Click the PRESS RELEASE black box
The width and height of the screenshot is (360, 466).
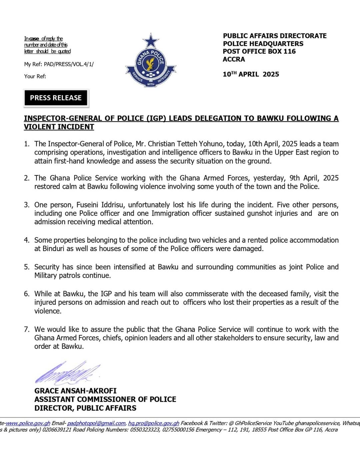pos(56,98)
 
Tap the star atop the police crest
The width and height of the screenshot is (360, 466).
pos(151,41)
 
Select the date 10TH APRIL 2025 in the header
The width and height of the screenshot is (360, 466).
pos(251,74)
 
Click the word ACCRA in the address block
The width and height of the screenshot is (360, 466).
pos(234,59)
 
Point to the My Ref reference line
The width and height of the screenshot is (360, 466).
pos(59,64)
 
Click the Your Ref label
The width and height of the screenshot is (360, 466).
pos(35,76)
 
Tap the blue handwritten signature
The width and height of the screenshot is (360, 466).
pos(67,373)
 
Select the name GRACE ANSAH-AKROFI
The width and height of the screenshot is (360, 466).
pos(75,391)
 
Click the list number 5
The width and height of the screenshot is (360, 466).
pos(26,267)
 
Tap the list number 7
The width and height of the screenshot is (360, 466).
pos(26,329)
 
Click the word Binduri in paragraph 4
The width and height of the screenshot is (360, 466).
pos(52,249)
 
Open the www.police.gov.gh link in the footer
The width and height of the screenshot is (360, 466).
pos(28,423)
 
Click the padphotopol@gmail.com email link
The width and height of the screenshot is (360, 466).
pos(96,423)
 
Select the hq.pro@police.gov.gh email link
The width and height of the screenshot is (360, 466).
pos(153,423)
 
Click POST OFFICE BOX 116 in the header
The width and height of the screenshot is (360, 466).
pos(259,51)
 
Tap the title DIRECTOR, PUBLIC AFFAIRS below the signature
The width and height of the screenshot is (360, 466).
pos(85,408)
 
